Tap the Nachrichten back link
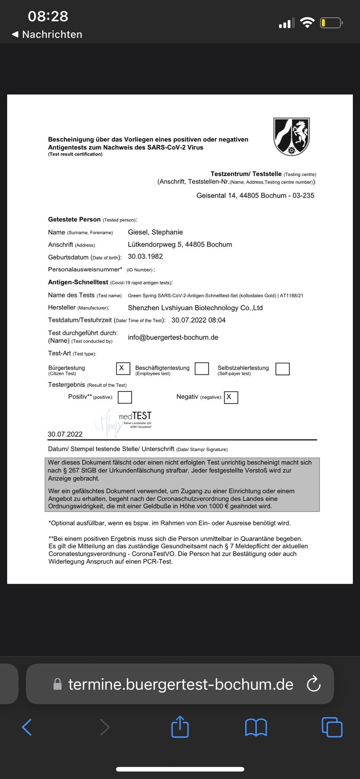tap(47, 34)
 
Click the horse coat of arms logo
tap(292, 136)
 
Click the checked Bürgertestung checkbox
tap(123, 368)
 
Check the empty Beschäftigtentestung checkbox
tap(202, 368)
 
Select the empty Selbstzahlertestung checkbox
tap(282, 369)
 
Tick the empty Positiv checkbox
tap(125, 397)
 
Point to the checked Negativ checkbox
tap(231, 397)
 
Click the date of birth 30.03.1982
tap(145, 256)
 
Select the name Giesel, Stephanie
tap(155, 232)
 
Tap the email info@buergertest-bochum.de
tap(173, 337)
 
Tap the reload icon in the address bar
tap(314, 685)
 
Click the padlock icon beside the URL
tap(57, 685)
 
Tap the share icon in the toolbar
tap(180, 727)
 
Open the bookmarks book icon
tap(256, 727)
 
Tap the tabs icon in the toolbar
tap(332, 727)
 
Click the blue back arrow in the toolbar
tap(27, 727)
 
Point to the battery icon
tap(331, 23)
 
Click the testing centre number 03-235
tap(303, 196)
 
